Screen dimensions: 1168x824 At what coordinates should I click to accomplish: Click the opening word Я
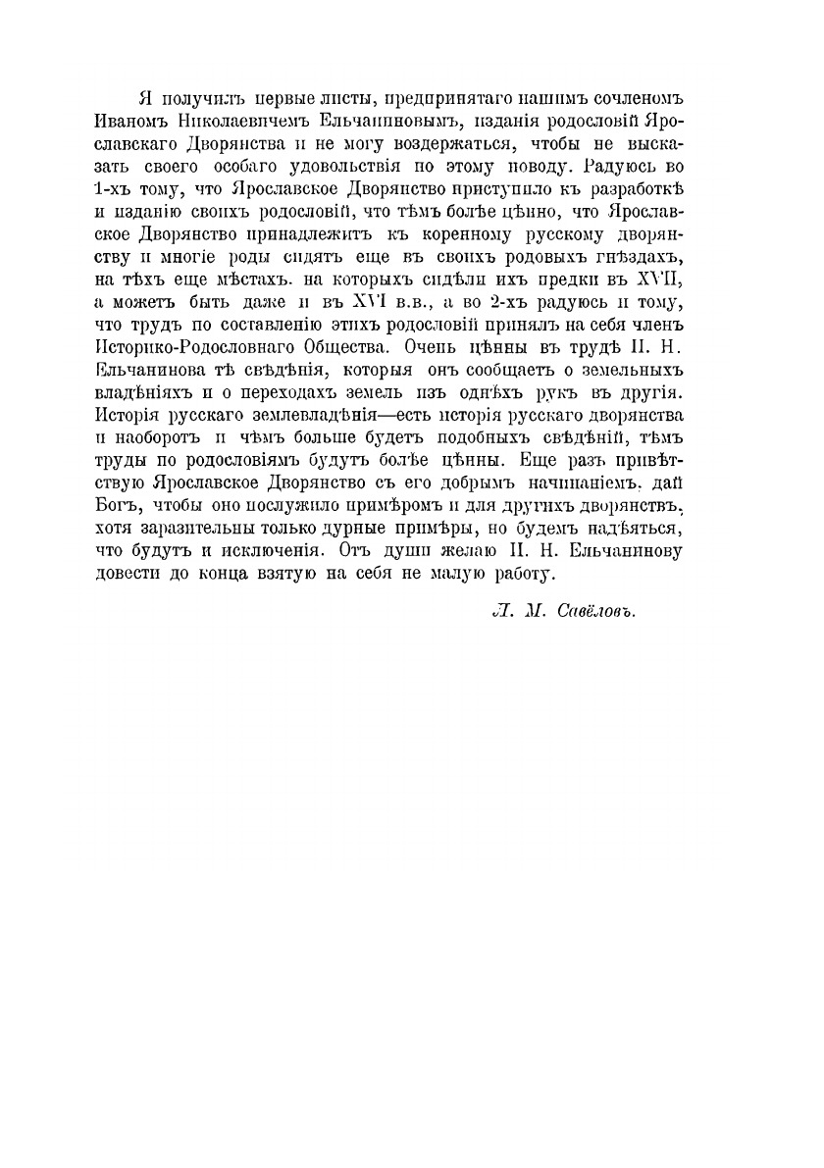(x=145, y=101)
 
